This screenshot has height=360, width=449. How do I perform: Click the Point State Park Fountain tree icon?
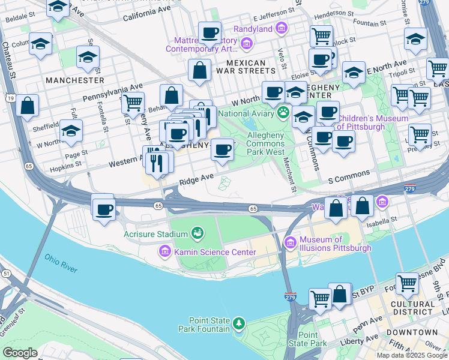click(240, 324)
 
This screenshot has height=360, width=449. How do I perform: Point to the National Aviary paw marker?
click(283, 112)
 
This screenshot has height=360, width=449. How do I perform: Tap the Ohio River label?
click(61, 263)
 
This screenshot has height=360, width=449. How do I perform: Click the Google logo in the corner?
click(20, 352)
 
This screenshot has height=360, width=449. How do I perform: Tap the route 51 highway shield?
click(6, 273)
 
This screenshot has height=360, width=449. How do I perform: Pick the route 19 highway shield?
click(11, 98)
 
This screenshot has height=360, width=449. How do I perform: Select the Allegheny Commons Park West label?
click(266, 143)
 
